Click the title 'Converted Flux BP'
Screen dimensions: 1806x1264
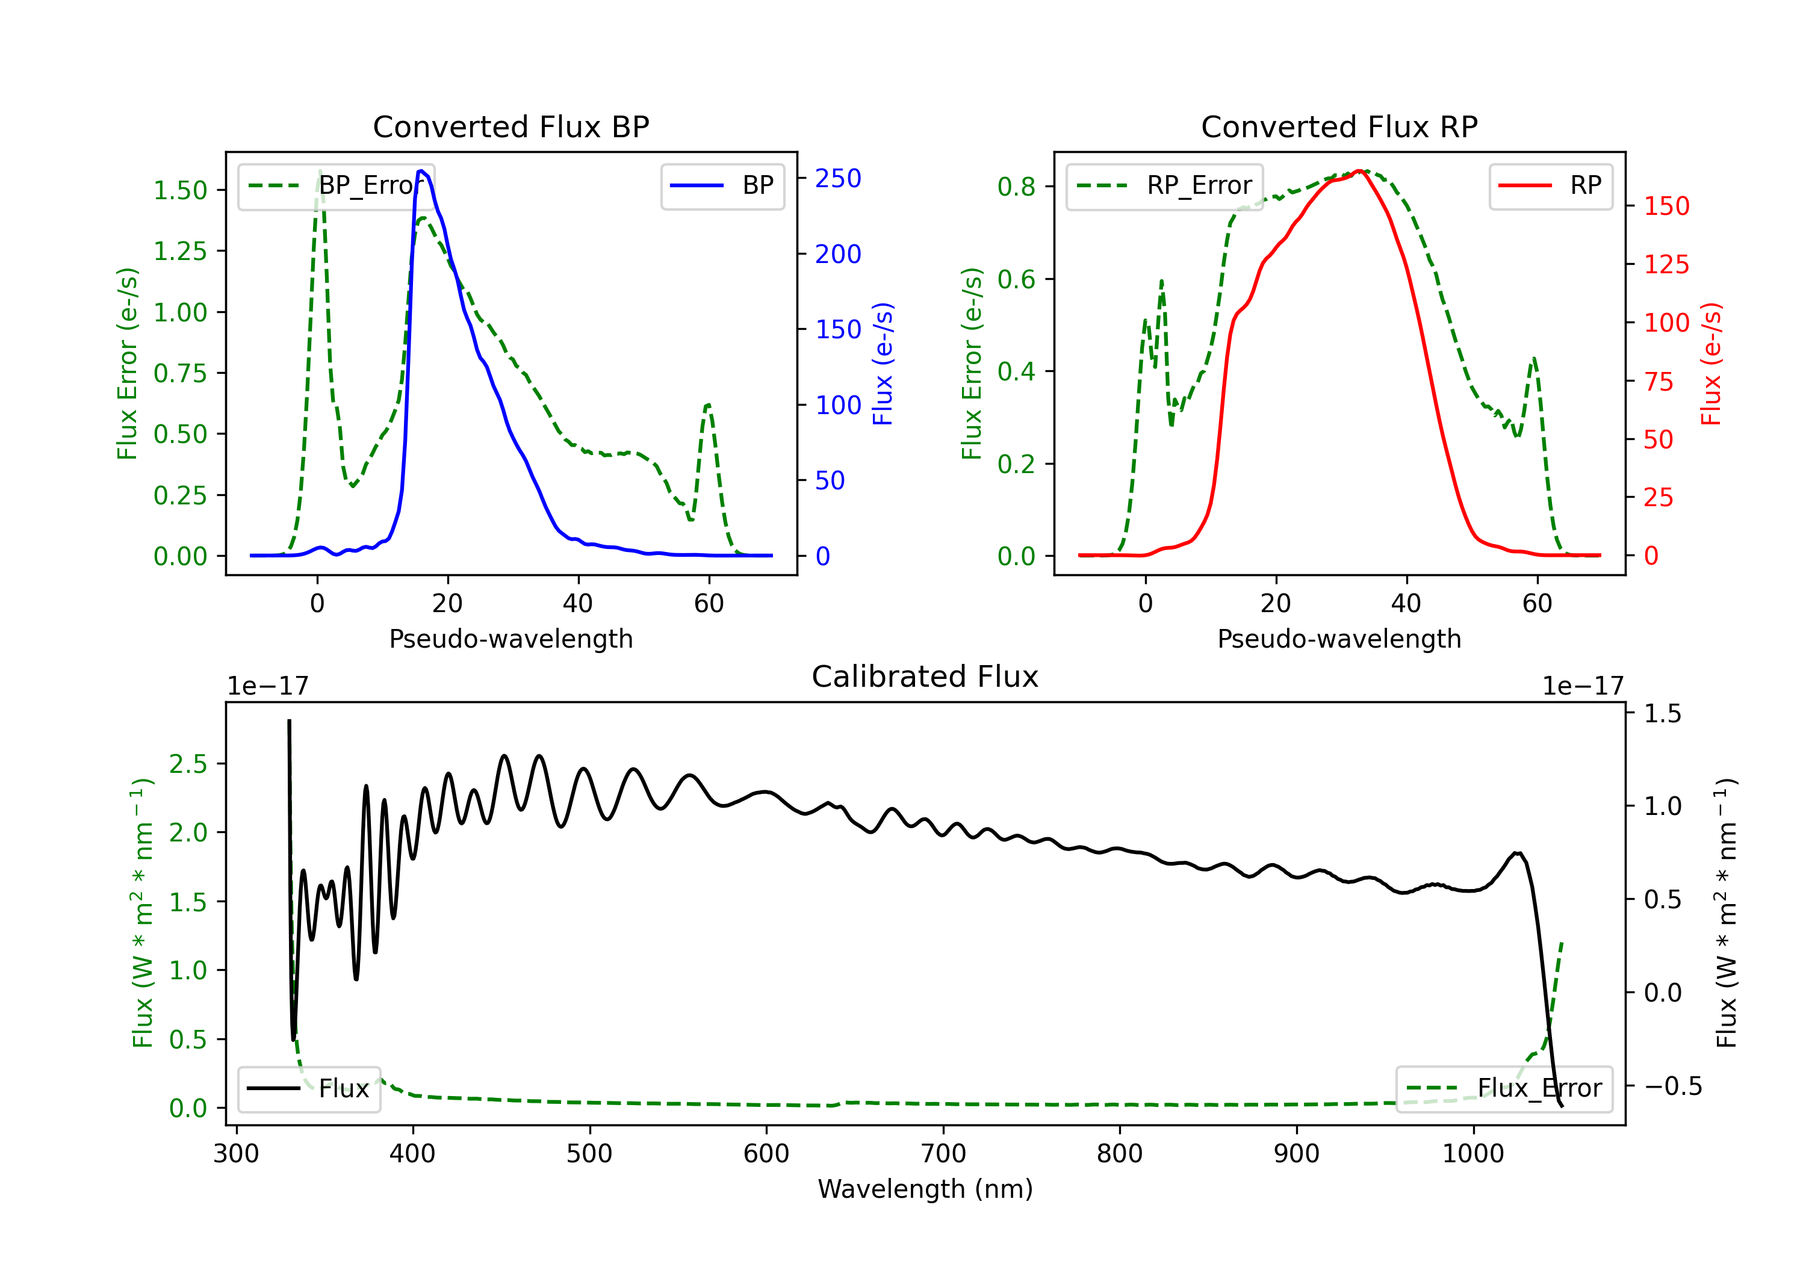[510, 126]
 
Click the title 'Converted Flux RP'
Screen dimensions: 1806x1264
[1339, 126]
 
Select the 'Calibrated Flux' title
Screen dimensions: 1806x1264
[925, 677]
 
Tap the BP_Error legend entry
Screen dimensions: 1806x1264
[336, 185]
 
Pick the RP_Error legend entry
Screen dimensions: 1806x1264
[1164, 185]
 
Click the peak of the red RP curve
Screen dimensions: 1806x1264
[1359, 171]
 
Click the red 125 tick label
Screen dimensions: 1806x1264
[1666, 264]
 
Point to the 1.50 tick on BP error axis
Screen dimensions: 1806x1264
[180, 190]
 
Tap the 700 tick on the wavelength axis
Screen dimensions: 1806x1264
[943, 1154]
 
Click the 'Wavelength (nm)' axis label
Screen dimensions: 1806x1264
[925, 1189]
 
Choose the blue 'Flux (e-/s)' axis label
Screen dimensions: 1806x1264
[883, 364]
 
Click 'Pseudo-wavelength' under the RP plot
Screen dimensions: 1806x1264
[1339, 639]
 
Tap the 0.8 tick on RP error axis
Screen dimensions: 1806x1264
[1016, 187]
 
